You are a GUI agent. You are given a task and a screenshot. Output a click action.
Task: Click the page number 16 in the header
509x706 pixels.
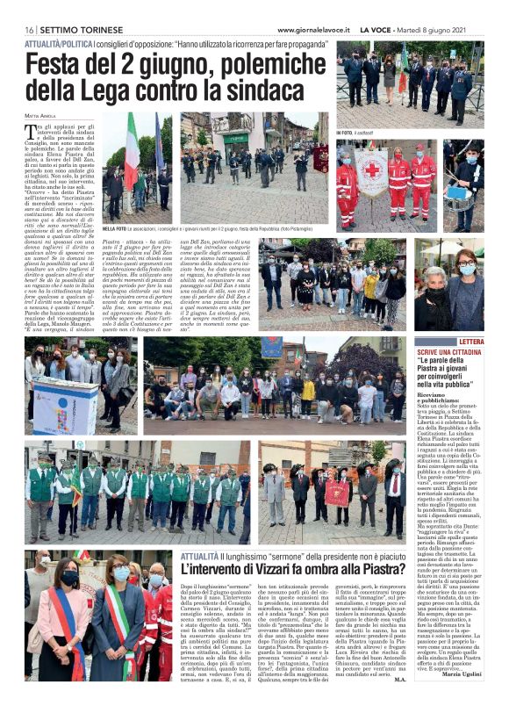pyautogui.click(x=29, y=30)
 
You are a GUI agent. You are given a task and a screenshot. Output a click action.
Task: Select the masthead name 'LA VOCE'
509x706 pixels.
pyautogui.click(x=376, y=30)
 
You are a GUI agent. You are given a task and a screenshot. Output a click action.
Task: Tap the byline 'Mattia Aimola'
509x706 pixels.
pyautogui.click(x=39, y=114)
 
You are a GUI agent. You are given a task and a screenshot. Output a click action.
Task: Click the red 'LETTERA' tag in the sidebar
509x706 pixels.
pyautogui.click(x=470, y=342)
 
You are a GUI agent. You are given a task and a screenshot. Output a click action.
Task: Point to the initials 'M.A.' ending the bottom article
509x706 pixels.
pyautogui.click(x=376, y=679)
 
